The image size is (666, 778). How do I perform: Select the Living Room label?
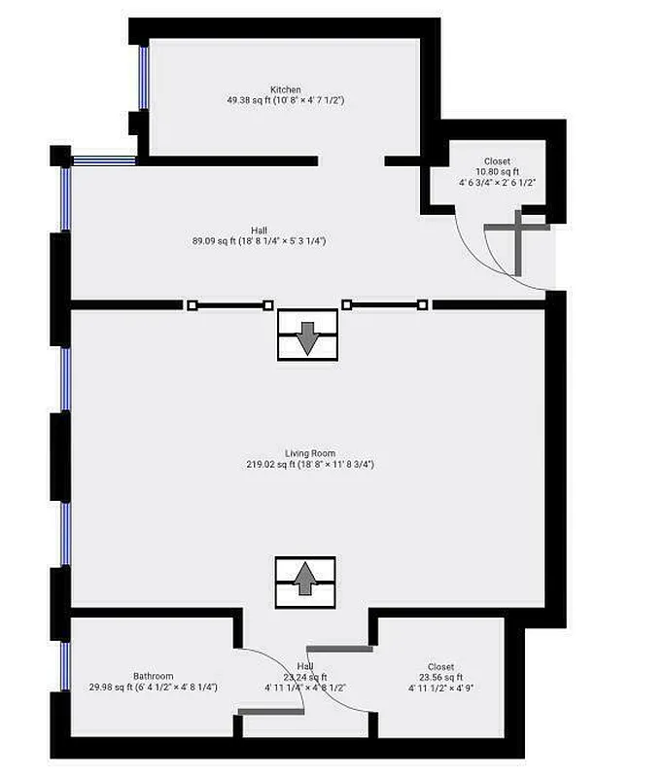tap(310, 454)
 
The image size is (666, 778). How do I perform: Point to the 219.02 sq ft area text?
tap(310, 465)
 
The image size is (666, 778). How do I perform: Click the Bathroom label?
tap(154, 676)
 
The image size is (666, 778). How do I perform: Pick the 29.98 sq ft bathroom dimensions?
tap(154, 688)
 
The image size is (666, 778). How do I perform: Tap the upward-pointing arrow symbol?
tap(305, 582)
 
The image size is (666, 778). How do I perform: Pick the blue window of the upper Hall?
tap(66, 199)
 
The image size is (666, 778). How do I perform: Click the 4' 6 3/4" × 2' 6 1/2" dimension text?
tap(497, 182)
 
